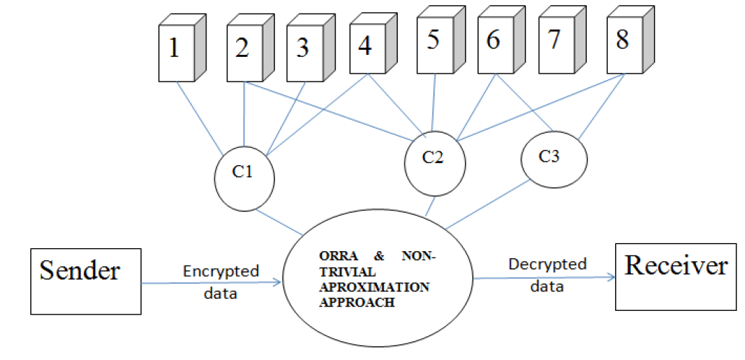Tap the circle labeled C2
[x=433, y=159]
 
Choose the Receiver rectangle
[x=676, y=266]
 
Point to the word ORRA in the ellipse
[x=335, y=258]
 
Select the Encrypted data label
[x=221, y=281]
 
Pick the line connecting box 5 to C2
[x=434, y=101]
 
